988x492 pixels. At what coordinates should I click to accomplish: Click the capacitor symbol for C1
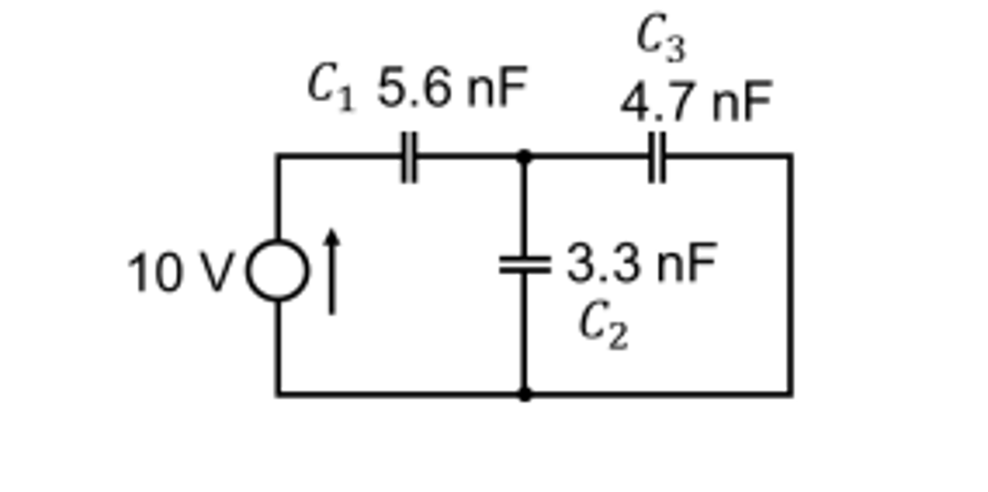coord(409,157)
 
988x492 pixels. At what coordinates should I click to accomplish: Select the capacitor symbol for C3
coord(656,157)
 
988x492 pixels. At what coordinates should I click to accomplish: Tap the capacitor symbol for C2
coord(524,266)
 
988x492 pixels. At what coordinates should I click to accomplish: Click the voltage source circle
coord(277,270)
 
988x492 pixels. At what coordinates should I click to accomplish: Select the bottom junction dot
coord(524,394)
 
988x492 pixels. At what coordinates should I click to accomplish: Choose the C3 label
coord(661,38)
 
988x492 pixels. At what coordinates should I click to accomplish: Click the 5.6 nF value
coord(452,88)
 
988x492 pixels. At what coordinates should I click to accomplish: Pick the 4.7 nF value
coord(696,103)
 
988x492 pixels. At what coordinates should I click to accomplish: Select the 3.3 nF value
coord(641,264)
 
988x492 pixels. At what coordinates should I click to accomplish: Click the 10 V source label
coord(180,272)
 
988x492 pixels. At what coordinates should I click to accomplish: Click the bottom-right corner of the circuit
coord(790,394)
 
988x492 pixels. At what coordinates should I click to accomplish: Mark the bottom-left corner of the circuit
coord(278,394)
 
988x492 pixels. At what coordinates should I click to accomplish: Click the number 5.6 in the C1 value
coord(414,88)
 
